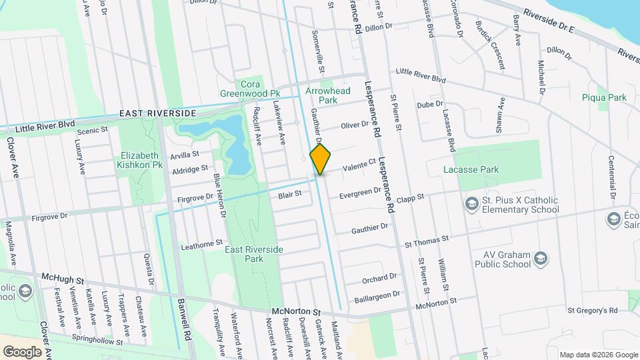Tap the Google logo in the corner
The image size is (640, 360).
pos(22,351)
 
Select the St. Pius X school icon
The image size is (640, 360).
pos(472,203)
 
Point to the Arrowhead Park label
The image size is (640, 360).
pos(327,95)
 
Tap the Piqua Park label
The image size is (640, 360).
pos(604,97)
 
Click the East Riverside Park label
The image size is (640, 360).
pos(254,253)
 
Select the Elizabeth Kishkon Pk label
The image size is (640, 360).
pos(139,160)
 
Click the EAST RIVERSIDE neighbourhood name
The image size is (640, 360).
pos(158,114)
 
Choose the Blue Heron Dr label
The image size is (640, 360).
pos(220,195)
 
